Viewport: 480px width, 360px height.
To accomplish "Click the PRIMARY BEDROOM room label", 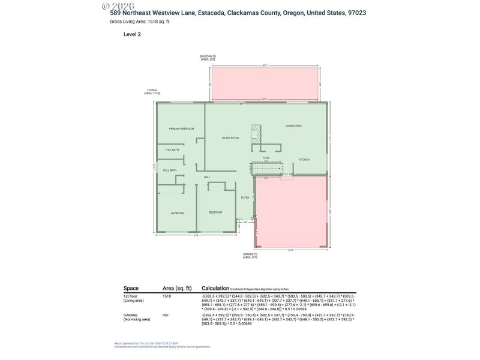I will pos(181,129).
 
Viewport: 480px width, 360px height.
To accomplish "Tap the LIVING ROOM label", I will pos(230,138).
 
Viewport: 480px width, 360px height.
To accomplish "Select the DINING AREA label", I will pos(293,125).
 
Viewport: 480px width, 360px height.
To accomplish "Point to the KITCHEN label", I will pos(304,159).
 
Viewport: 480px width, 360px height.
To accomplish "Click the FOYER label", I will pos(245,197).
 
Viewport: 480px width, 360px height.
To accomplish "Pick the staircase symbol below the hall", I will pos(266,169).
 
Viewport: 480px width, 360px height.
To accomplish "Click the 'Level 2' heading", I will pos(132,34).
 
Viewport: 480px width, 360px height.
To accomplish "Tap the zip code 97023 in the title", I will pos(358,13).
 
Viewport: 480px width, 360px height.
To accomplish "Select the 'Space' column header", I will pos(131,288).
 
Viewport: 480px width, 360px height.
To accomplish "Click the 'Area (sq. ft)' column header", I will pos(177,288).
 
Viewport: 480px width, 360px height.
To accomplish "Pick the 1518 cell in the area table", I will pos(167,296).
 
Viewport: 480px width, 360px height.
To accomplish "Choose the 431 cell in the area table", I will pos(166,314).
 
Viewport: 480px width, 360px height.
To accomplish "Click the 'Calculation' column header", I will pos(216,288).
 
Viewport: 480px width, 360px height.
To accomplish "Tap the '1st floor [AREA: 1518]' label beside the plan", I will pos(151,92).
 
